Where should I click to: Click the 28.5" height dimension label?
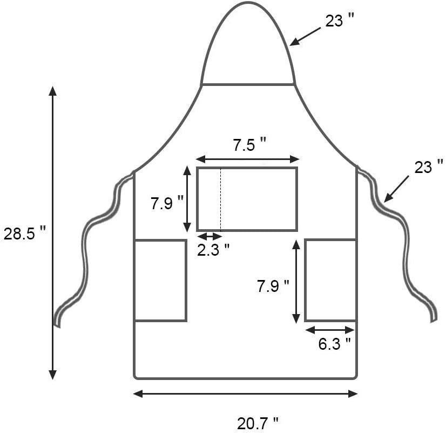tap(24, 234)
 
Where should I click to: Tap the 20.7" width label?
tap(258, 423)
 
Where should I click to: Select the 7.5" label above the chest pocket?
tap(250, 145)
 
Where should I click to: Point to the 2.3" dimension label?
tap(213, 250)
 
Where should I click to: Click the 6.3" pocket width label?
tap(334, 344)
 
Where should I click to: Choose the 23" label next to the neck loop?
tap(340, 20)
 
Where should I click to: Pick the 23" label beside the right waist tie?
tap(429, 167)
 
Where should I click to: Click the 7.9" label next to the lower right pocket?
tap(273, 286)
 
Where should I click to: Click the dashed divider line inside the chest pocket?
tap(221, 199)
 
